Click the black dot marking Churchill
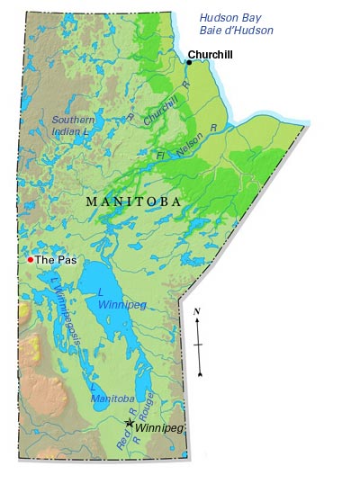(x=189, y=62)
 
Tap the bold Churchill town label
(x=210, y=55)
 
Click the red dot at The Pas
(x=30, y=259)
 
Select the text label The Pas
(x=55, y=259)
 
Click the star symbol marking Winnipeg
(x=130, y=422)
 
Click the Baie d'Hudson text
(x=236, y=31)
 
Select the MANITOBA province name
(x=132, y=202)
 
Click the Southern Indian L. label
(x=73, y=125)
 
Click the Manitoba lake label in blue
(x=112, y=398)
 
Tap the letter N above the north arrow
(x=197, y=310)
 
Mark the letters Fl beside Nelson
(x=161, y=157)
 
